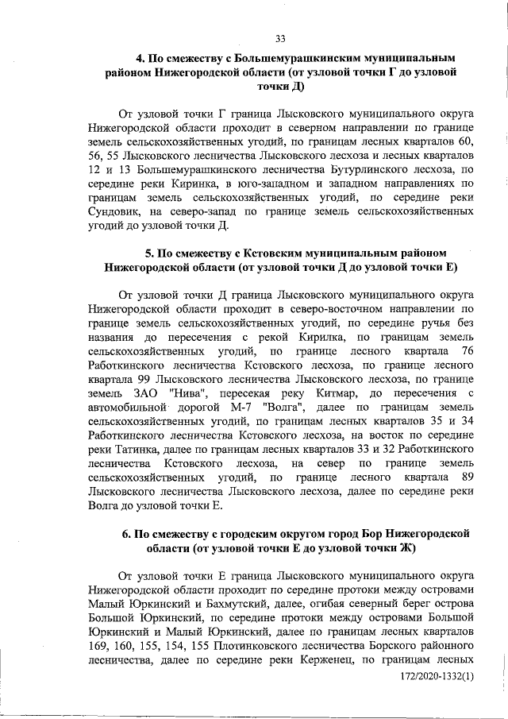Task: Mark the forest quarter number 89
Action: click(x=468, y=477)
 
